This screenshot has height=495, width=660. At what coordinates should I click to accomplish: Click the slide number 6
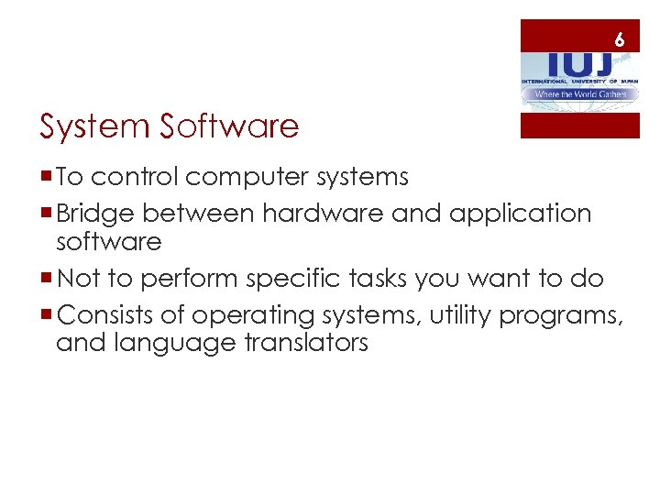coord(620,40)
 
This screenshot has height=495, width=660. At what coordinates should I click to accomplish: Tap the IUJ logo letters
coord(577,64)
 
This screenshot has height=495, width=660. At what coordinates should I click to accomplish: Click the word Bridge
coord(97,214)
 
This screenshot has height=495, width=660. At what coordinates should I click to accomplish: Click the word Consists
coord(104,316)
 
